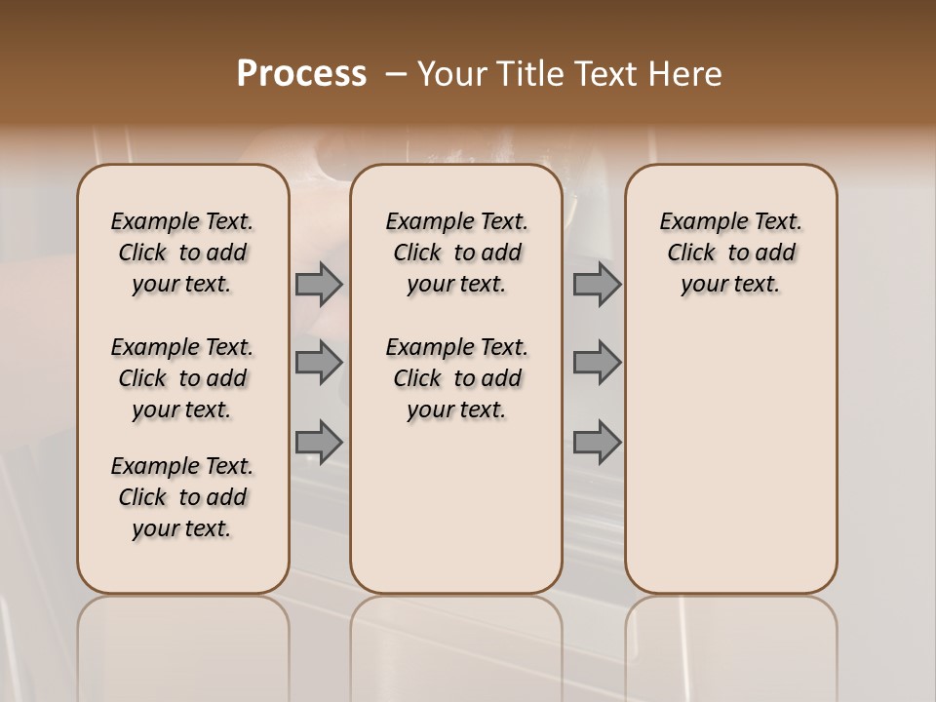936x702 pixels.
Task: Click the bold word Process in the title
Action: click(x=301, y=74)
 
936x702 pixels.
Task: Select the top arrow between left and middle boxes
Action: click(x=319, y=285)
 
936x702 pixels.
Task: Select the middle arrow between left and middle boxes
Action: click(x=319, y=363)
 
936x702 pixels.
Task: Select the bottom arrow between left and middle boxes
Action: click(x=319, y=442)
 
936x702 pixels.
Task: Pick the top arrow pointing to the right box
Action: click(x=597, y=285)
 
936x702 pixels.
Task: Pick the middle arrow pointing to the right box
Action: click(x=597, y=363)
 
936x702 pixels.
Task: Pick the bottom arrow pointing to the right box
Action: click(x=597, y=442)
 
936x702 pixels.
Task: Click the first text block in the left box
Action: click(x=182, y=253)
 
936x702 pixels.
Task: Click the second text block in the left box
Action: click(x=182, y=378)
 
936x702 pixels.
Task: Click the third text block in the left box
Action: click(x=182, y=497)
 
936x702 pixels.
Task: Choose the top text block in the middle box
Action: click(x=456, y=253)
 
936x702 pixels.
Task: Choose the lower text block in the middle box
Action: click(x=456, y=378)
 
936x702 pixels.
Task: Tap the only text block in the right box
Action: click(x=730, y=253)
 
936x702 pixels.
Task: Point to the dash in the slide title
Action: click(x=396, y=74)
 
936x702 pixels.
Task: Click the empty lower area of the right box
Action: click(x=730, y=468)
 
